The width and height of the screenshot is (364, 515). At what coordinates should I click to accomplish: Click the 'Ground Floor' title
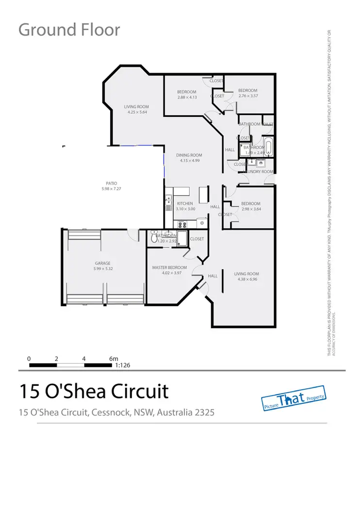pos(69,30)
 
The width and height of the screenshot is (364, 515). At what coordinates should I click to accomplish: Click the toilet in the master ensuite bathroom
pos(154,237)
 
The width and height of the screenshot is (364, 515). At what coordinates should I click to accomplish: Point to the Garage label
pos(102,263)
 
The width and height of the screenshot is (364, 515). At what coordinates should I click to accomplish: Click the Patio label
pos(112,183)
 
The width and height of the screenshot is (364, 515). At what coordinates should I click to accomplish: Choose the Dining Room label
pos(189,155)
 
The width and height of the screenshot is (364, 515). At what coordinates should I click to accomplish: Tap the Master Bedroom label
pos(169,267)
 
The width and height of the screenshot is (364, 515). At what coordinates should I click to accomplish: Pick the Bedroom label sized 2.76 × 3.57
pos(248,90)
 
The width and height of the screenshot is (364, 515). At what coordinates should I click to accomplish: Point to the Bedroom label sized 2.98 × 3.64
pos(251,203)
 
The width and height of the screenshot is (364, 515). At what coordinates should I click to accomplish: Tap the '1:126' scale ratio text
pos(122,365)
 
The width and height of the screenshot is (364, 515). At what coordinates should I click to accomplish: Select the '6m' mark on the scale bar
pos(113,359)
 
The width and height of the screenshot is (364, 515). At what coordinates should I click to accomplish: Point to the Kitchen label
pos(185,203)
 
